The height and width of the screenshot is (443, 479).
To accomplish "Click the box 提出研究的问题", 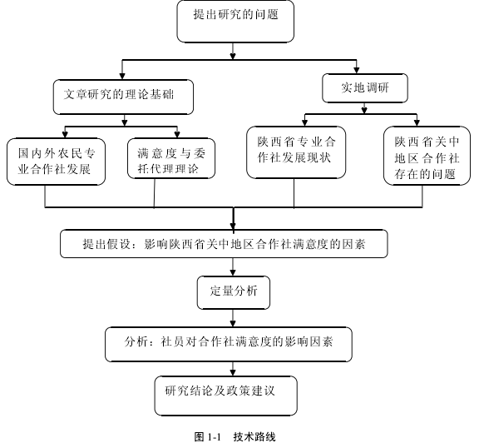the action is (x=235, y=22).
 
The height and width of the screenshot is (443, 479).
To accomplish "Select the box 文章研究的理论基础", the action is (x=123, y=97).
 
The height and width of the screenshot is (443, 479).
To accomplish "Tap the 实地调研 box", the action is (x=365, y=88).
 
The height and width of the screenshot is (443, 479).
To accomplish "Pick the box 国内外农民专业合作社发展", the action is (x=57, y=162).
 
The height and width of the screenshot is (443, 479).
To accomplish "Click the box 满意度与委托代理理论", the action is (x=171, y=158).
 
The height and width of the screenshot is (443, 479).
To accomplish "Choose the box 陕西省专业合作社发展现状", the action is (x=296, y=152).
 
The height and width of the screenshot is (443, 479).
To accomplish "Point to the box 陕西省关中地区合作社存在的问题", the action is (x=427, y=156).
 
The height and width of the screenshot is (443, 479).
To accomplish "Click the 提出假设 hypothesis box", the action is (x=224, y=244).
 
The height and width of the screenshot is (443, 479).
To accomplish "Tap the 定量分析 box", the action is (x=234, y=293).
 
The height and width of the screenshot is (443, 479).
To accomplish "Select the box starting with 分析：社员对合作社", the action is (x=229, y=344).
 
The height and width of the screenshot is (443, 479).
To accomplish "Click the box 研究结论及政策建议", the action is (x=225, y=396).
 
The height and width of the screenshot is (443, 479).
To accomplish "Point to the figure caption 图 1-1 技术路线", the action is (x=235, y=436).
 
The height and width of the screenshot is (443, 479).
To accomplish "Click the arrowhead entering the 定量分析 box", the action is (x=233, y=273).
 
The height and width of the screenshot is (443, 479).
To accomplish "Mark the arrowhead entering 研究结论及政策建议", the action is (x=233, y=372).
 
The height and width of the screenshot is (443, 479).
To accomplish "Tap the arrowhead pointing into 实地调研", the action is (x=356, y=70).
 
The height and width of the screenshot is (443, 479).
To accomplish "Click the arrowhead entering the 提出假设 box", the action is (x=233, y=226).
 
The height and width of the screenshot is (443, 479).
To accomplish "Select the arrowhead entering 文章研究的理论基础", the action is (x=122, y=76).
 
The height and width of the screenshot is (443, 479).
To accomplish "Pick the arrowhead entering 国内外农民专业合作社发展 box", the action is (x=65, y=135).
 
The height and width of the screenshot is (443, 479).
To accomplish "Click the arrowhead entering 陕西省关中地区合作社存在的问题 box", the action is (x=417, y=122).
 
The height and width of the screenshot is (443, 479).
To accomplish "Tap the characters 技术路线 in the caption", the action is (x=254, y=436).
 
